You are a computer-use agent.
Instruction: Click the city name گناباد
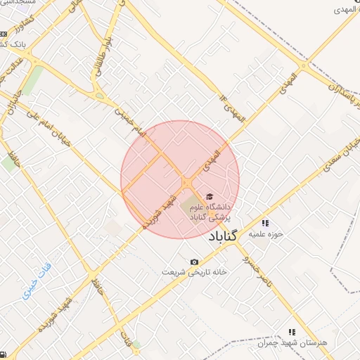[225, 237]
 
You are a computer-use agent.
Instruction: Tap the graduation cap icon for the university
[207, 196]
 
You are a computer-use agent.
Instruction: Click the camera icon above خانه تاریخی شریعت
[194, 262]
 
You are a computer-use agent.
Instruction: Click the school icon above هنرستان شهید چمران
[292, 331]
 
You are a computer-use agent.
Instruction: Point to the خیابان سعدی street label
[342, 155]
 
